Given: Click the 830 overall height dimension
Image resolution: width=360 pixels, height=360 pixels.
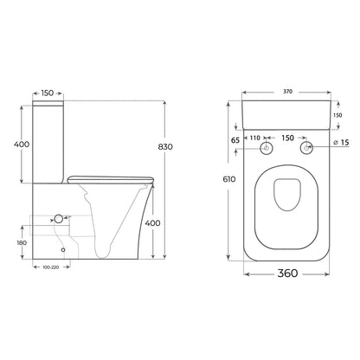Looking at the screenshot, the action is (x=165, y=147).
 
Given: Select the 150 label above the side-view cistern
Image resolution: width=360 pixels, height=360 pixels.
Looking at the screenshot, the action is (x=48, y=93).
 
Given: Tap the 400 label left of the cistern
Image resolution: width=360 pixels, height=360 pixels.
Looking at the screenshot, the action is (x=22, y=144).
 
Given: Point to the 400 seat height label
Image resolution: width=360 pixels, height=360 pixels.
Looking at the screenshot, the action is (x=152, y=223).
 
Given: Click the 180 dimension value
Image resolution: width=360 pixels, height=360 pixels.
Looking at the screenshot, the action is (x=22, y=243).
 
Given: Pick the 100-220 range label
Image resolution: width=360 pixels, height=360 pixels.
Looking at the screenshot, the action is (x=51, y=267).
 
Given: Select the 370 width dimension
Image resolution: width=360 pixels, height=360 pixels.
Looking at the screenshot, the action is (x=287, y=92).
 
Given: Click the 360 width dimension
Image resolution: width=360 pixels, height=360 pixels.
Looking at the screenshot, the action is (x=287, y=273).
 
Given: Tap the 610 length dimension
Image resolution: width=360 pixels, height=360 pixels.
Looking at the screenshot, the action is (x=229, y=179).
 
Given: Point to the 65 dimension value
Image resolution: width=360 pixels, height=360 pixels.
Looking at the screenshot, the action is (x=235, y=140).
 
